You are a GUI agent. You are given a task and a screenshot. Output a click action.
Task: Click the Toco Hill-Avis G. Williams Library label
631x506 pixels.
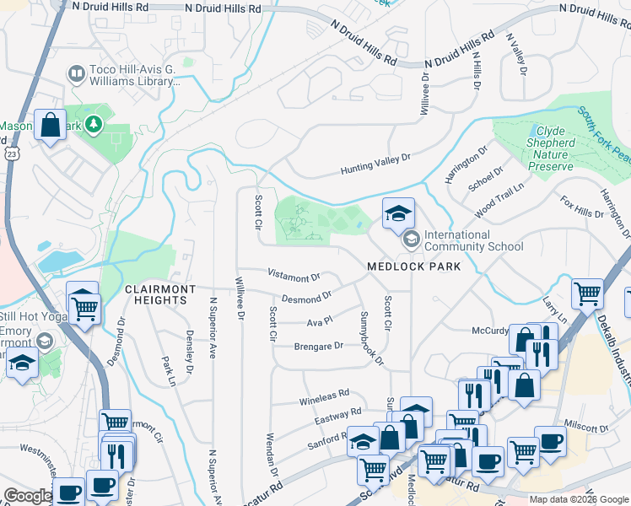tap(136, 77)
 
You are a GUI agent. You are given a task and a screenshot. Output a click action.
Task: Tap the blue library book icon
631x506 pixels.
tap(77, 75)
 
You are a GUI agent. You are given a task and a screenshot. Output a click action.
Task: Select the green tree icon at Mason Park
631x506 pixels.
tap(94, 126)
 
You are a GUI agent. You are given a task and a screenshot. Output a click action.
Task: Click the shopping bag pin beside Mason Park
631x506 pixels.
tap(51, 126)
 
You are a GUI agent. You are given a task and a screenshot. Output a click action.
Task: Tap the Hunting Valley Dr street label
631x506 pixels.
tap(375, 164)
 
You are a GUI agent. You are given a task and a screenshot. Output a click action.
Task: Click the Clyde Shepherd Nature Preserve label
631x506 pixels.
tap(567, 143)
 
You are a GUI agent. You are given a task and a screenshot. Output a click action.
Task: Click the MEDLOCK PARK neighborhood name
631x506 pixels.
tap(413, 266)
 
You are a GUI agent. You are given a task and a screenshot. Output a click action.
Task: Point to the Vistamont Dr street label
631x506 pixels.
tap(294, 276)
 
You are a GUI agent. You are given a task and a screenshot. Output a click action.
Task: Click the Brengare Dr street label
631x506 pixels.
tap(318, 346)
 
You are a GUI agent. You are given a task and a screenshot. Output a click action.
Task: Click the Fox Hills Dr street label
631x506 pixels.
tap(582, 207)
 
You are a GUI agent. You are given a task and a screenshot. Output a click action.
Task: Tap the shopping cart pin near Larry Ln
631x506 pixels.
tap(587, 294)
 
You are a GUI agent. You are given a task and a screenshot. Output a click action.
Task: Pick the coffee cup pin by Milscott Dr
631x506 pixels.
tap(550, 442)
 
